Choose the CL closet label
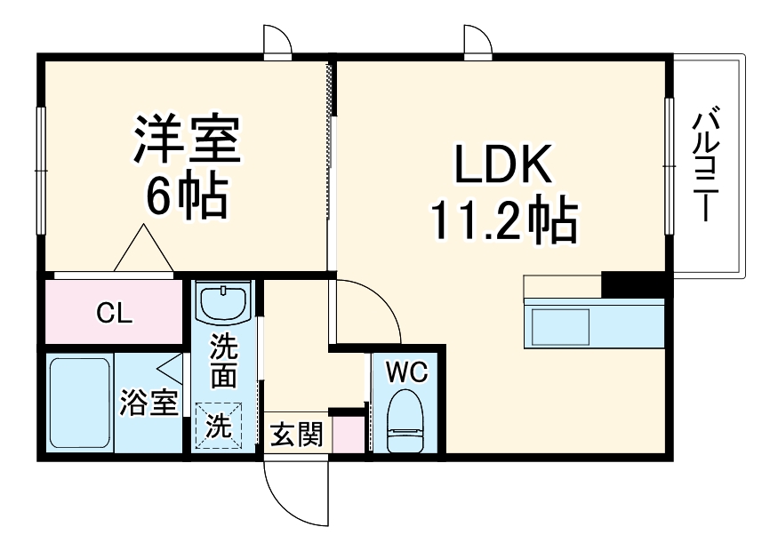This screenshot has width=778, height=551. [x=114, y=312]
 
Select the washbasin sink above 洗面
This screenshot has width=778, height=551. [x=224, y=303]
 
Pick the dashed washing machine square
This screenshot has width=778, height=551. [x=218, y=427]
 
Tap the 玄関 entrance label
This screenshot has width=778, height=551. [x=296, y=436]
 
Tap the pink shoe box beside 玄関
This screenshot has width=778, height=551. [x=348, y=434]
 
